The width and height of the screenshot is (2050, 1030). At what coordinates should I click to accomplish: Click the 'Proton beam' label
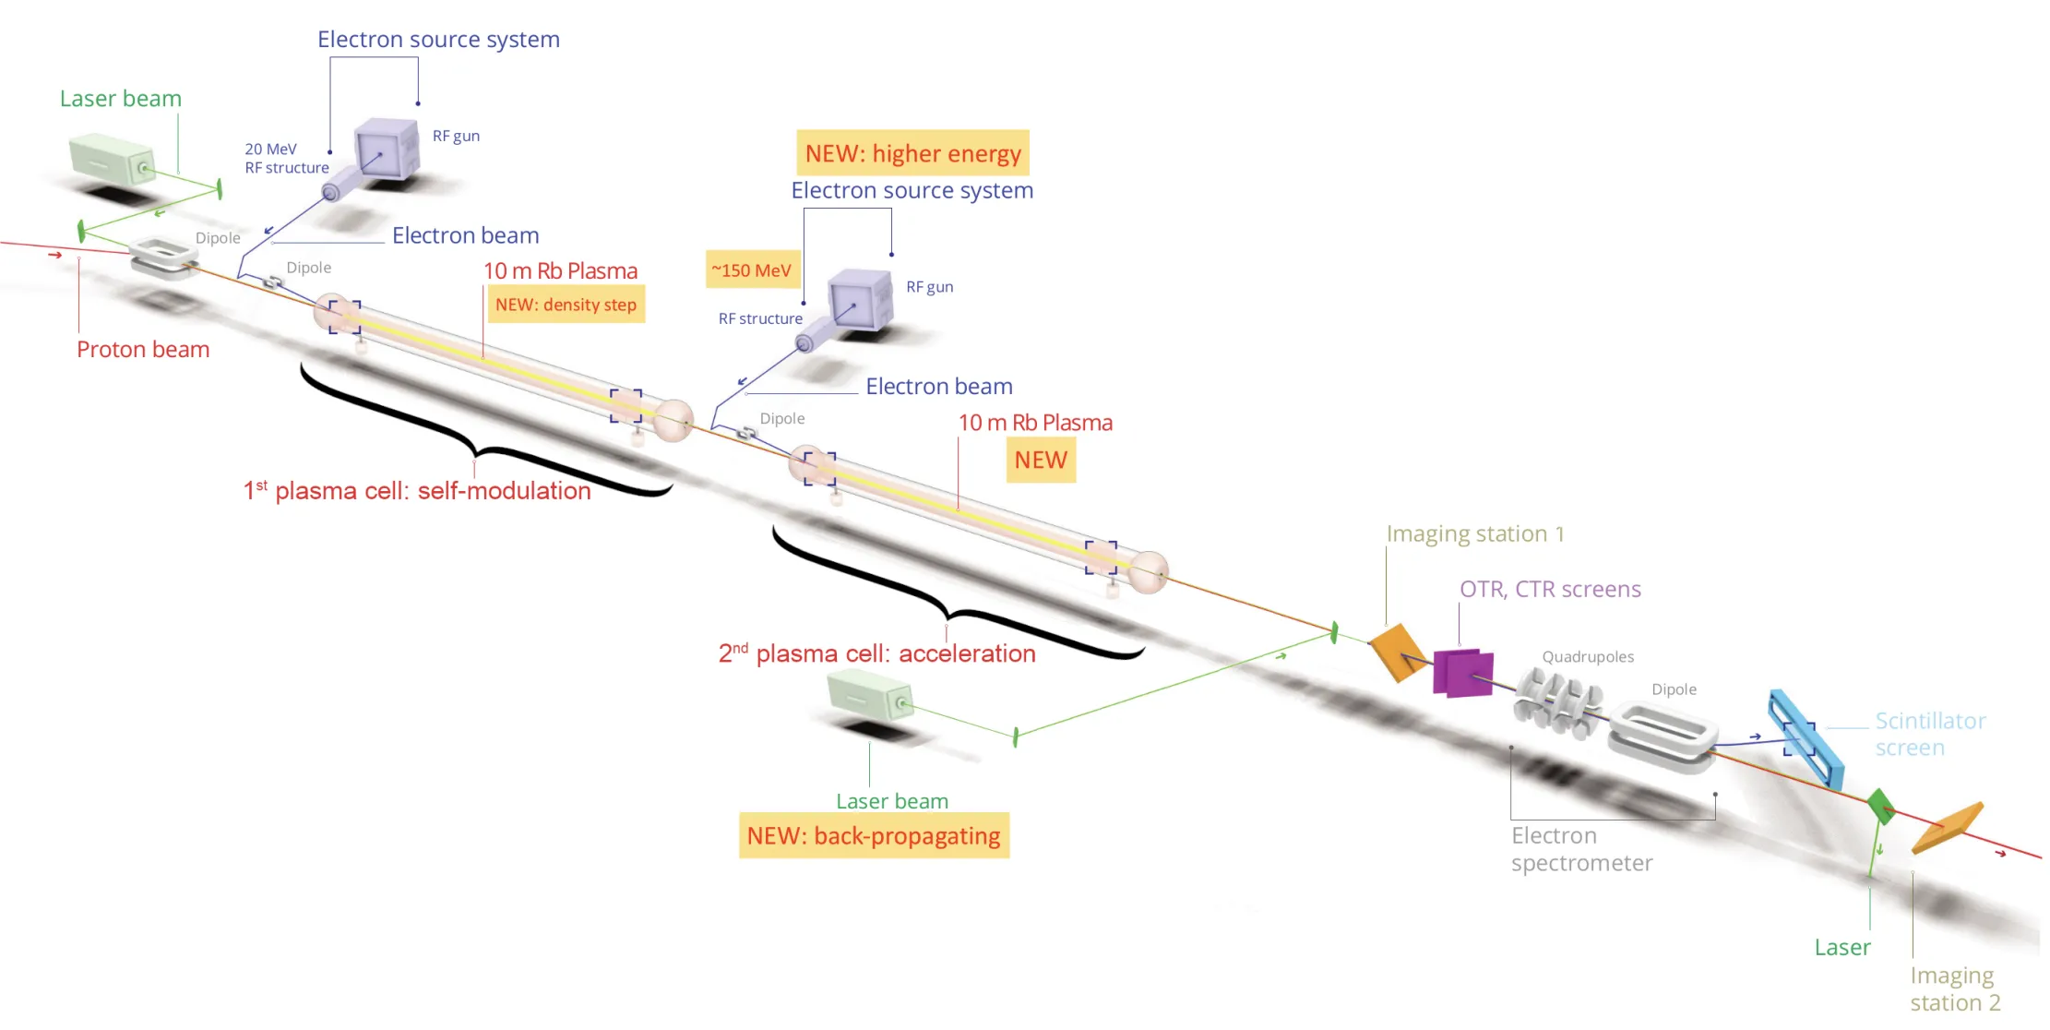coord(143,350)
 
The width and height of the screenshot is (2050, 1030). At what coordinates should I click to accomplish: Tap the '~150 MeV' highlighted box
coord(752,270)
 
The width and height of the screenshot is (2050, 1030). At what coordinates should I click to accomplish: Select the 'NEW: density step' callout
coord(566,305)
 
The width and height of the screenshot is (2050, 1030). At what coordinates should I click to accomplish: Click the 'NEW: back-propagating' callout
coord(874,836)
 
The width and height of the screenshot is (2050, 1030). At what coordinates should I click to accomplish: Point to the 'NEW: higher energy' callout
coord(912,153)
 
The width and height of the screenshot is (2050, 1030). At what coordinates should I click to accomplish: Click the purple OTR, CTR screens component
coord(1463,672)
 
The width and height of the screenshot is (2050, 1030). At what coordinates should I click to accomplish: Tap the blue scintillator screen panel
coord(1806,739)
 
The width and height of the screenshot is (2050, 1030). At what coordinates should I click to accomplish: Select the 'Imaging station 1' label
coord(1475,534)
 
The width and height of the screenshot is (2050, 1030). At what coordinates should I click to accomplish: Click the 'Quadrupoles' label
coord(1588,657)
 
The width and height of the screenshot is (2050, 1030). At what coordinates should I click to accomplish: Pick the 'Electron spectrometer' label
coord(1581,849)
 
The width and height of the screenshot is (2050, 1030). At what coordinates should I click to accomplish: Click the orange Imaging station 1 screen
coord(1397,652)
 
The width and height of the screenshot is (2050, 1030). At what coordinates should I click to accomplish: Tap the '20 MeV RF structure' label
coord(286,159)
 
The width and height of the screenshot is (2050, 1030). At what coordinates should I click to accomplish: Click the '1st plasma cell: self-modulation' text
coord(417,490)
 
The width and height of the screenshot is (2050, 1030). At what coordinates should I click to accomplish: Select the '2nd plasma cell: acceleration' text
coord(876,653)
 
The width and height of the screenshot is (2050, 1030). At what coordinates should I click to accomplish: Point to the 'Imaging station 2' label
coord(1955,988)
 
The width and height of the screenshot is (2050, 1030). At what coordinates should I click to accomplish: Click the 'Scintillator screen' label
coord(1930,735)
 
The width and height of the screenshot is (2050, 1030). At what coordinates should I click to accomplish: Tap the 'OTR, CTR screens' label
coord(1550,590)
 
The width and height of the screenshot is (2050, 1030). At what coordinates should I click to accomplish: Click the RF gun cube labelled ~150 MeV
coord(861,300)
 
